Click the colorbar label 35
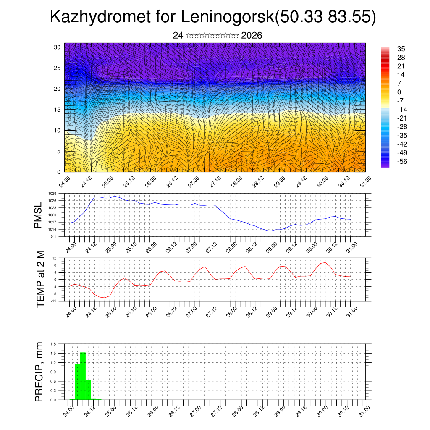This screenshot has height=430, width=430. tap(401, 49)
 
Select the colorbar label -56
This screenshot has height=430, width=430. tap(401, 161)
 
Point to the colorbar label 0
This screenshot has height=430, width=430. tap(399, 92)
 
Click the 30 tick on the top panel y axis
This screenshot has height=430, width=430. tap(58, 47)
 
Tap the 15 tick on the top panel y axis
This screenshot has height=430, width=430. tap(58, 110)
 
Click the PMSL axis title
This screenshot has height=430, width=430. tap(39, 215)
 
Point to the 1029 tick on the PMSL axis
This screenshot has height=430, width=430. tap(52, 194)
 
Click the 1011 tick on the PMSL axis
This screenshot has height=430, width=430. tap(52, 236)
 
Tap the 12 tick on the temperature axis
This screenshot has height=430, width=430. tap(54, 258)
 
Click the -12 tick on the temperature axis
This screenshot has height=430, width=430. tap(53, 301)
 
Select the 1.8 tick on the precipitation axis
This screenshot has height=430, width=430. tap(53, 344)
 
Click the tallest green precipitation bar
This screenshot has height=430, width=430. tap(83, 376)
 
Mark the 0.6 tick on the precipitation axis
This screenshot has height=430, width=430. tap(53, 381)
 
